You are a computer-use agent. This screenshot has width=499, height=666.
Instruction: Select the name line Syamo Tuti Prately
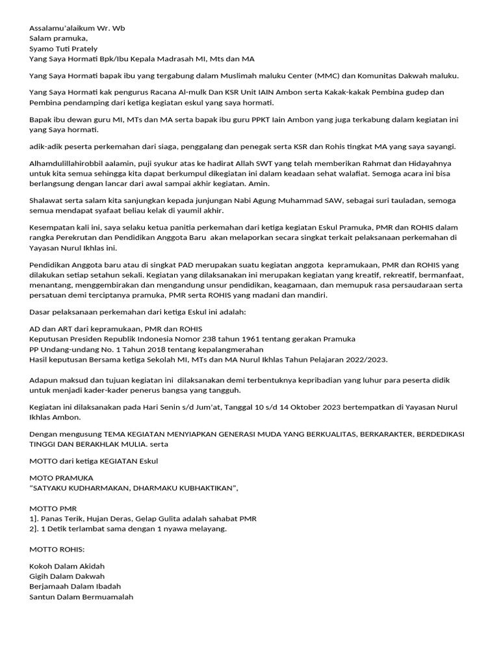[x=64, y=48]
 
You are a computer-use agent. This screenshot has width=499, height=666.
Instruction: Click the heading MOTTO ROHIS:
[x=57, y=550]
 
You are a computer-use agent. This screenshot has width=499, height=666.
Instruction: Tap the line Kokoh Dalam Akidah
[x=67, y=566]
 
